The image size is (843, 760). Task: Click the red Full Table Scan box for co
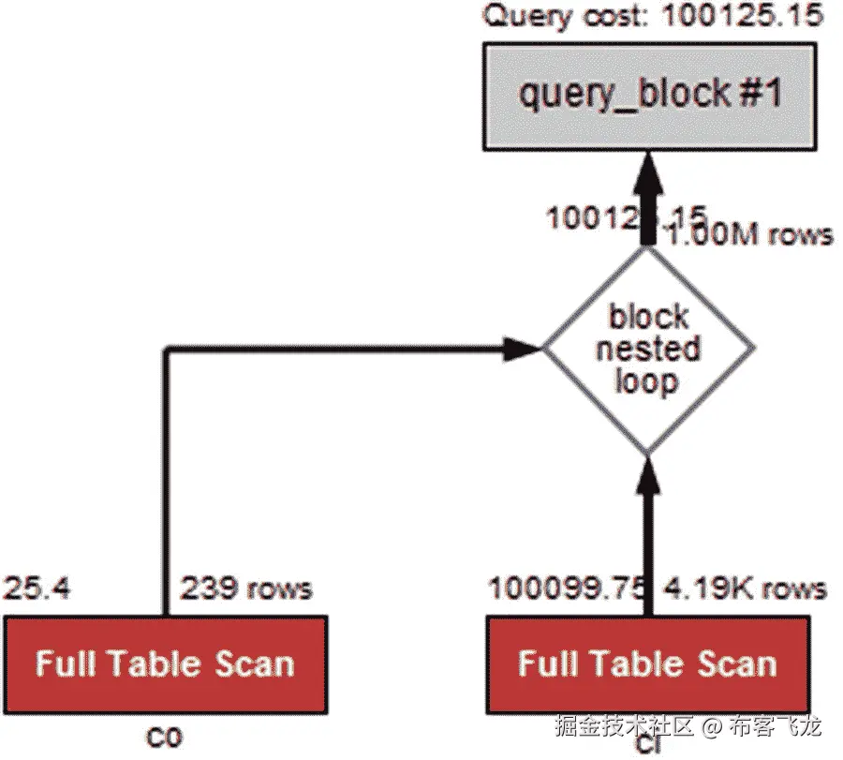(165, 664)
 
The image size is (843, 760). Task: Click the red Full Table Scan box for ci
(647, 664)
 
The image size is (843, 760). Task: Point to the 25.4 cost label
(37, 589)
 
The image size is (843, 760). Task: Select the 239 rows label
(245, 589)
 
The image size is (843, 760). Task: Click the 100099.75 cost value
(566, 589)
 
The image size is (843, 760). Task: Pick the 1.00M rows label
(749, 233)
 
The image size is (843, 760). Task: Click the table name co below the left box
(165, 737)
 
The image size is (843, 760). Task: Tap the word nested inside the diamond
(649, 350)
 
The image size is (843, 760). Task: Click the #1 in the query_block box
(761, 95)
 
